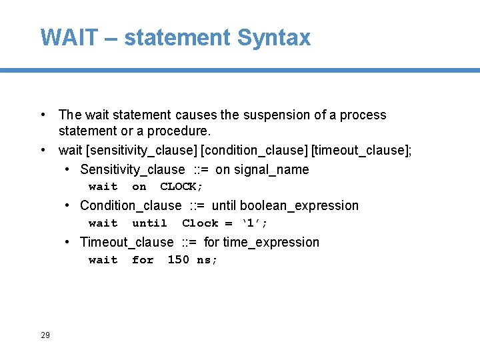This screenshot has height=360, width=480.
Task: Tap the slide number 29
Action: [45, 335]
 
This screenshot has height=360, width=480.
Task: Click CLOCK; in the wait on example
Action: [181, 187]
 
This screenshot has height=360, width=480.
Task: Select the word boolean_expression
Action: [299, 205]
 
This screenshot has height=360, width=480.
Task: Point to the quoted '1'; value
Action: [254, 223]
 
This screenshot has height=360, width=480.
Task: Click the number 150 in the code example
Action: [178, 260]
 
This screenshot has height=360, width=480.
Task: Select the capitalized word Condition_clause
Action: [131, 205]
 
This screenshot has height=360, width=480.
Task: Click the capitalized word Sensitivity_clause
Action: [133, 169]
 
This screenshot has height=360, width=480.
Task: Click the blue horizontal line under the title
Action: [240, 70]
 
